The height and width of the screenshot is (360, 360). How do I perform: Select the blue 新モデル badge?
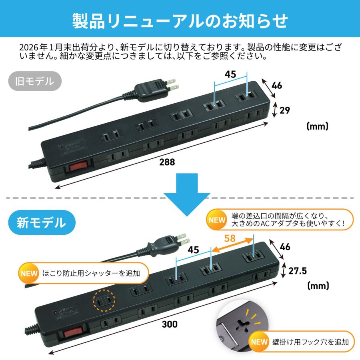pos(41,221)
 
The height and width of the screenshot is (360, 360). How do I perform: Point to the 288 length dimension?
pos(167,162)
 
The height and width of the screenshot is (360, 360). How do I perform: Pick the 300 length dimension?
pos(170,324)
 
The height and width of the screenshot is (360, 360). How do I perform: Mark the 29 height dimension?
pos(285,110)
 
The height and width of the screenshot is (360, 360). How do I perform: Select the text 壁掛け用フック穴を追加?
pos(311,342)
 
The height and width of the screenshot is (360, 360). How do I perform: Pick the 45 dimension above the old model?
pos(230,74)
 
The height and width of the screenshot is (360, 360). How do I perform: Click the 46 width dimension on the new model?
pos(286,247)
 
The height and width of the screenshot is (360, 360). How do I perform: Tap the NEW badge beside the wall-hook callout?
pos(259,342)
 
